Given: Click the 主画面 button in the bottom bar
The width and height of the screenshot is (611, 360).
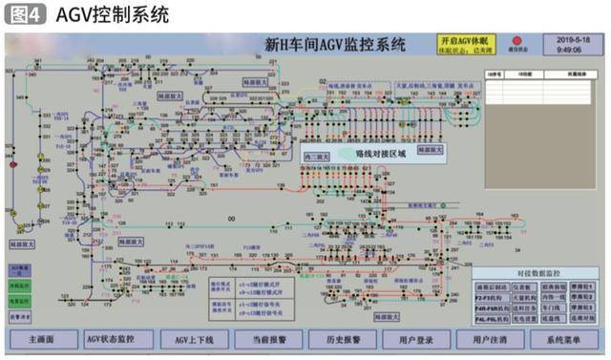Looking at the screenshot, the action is (x=41, y=339).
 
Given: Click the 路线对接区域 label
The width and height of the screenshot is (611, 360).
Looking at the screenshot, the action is (x=368, y=154).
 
